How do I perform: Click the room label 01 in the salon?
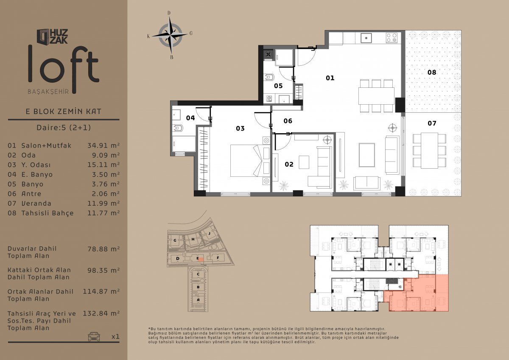330,78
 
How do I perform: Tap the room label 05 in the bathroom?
278,86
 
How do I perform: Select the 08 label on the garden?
432,73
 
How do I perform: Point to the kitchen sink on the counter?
366,38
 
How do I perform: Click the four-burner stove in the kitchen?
392,38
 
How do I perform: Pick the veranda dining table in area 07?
429,151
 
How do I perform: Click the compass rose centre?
170,36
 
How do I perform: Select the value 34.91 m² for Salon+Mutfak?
103,145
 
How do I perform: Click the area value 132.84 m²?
101,313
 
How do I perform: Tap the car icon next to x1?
94,336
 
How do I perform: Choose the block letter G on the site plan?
175,240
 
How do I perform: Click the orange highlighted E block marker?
201,259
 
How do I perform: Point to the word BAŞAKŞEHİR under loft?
48,92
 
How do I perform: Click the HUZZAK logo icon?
43,36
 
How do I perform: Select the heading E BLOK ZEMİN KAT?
63,111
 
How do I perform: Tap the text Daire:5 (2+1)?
64,127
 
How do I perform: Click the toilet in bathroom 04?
178,128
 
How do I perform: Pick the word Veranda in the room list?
36,203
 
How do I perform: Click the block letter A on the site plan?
198,300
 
